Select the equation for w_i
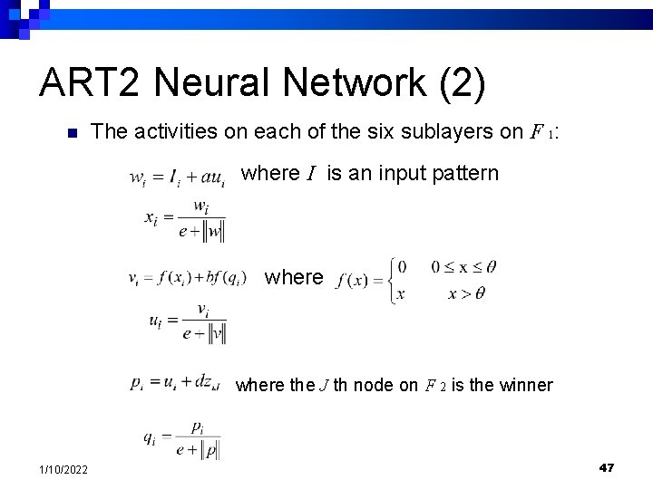tap(178, 175)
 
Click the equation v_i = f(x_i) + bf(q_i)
tap(186, 279)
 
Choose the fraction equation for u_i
tap(187, 323)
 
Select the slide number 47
tap(607, 466)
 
